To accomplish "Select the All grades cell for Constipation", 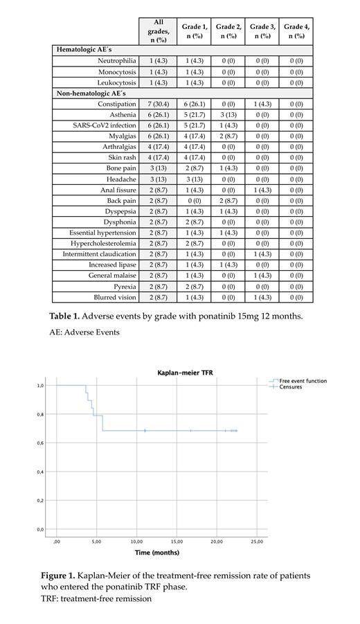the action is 159,104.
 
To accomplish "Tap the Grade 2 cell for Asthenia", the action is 228,115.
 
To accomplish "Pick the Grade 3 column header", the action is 262,31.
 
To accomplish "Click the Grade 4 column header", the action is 296,31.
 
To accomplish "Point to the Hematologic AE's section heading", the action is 81,51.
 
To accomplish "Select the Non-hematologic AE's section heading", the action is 91,93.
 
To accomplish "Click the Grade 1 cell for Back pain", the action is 195,201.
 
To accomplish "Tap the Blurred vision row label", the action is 113,297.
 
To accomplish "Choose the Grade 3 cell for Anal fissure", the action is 262,190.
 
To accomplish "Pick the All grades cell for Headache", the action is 159,179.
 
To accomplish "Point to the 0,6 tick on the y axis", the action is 41,443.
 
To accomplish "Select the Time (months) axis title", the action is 156,553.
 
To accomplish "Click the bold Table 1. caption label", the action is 64,316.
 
